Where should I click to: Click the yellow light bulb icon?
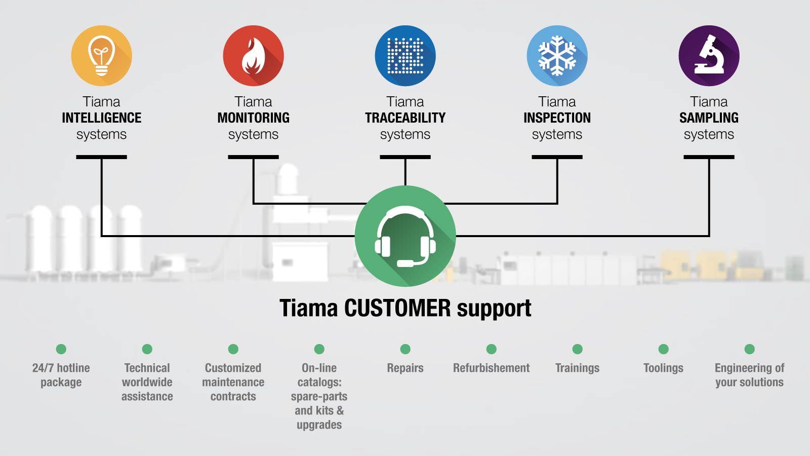click(101, 56)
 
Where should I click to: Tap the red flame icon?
click(253, 56)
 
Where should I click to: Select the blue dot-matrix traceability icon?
click(405, 56)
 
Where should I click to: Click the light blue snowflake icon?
click(557, 56)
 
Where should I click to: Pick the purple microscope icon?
click(709, 56)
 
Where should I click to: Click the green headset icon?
click(405, 236)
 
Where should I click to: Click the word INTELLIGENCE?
click(101, 118)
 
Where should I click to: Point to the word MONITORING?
click(253, 118)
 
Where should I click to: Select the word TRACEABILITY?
click(405, 118)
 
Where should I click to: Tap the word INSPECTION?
click(557, 118)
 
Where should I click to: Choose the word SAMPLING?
click(709, 118)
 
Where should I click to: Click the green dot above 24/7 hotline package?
click(61, 349)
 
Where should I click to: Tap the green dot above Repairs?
click(405, 349)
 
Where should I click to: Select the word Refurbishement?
click(491, 368)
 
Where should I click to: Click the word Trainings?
click(577, 368)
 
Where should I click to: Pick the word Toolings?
click(663, 368)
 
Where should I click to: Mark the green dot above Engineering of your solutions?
click(749, 349)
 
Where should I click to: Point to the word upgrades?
click(319, 425)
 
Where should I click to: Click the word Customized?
click(233, 368)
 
